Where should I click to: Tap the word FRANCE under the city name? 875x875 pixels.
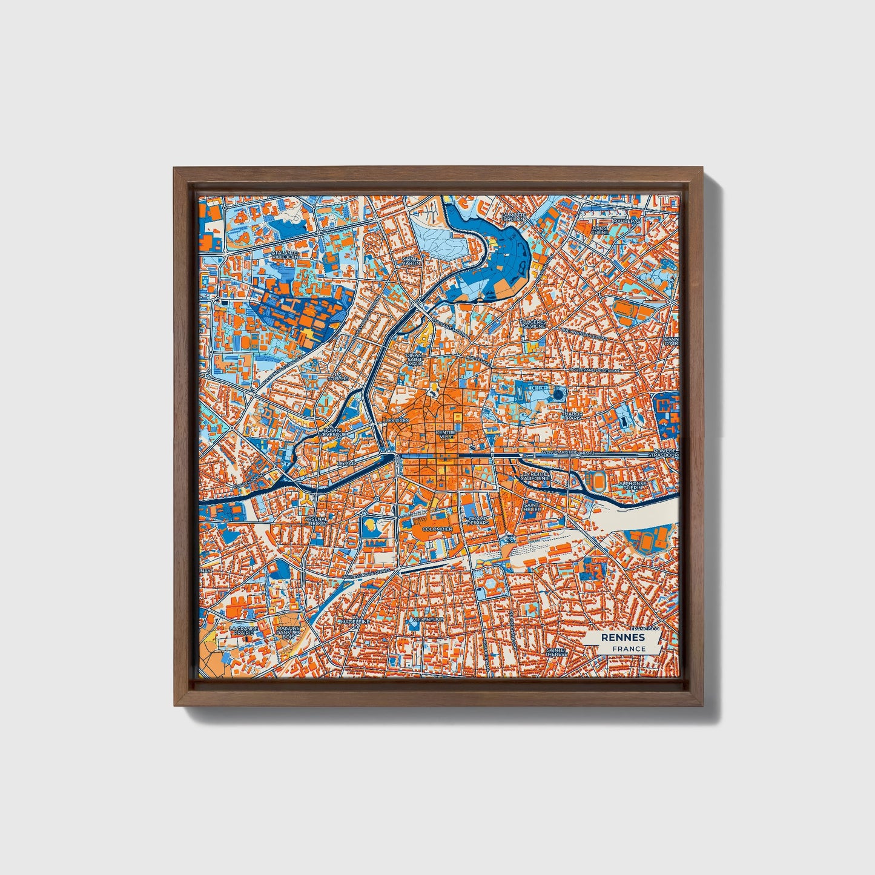click(629, 649)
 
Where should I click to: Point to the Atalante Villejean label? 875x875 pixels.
click(285, 255)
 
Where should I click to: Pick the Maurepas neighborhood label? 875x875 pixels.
click(626, 221)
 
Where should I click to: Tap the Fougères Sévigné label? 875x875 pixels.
click(533, 324)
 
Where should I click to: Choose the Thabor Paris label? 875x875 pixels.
click(572, 416)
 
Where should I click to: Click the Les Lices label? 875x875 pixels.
click(397, 420)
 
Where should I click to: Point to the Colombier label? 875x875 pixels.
click(437, 529)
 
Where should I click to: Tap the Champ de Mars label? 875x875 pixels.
click(478, 521)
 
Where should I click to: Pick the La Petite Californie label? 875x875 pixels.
click(536, 476)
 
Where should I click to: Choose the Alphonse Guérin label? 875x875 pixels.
click(633, 486)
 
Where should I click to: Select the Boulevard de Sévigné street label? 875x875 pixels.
click(595, 370)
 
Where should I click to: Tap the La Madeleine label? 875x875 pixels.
click(355, 621)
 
